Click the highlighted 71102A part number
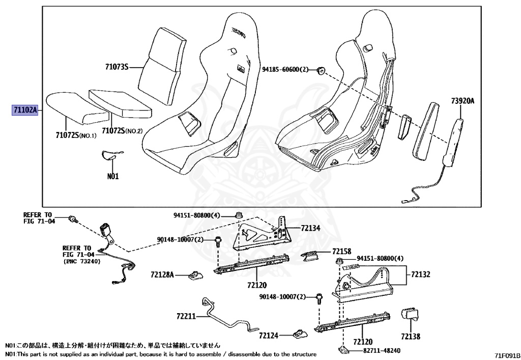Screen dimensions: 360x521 click(25, 110)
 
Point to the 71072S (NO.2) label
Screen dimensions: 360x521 click(122, 131)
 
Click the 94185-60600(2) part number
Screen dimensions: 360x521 click(285, 69)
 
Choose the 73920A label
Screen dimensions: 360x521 click(462, 101)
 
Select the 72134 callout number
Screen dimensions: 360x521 click(310, 229)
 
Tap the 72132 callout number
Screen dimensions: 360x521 click(421, 274)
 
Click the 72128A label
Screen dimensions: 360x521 click(162, 275)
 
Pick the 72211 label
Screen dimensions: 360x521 click(186, 316)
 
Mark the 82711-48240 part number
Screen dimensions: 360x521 click(382, 350)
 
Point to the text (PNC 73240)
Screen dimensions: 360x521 click(82, 261)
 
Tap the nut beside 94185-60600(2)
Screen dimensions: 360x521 click(321, 70)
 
